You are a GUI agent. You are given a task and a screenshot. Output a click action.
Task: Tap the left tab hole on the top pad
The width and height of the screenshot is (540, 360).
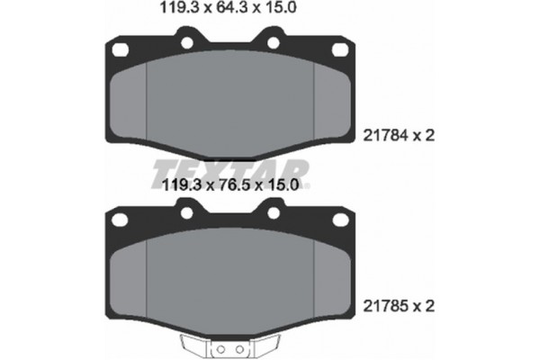tap(186, 41)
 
